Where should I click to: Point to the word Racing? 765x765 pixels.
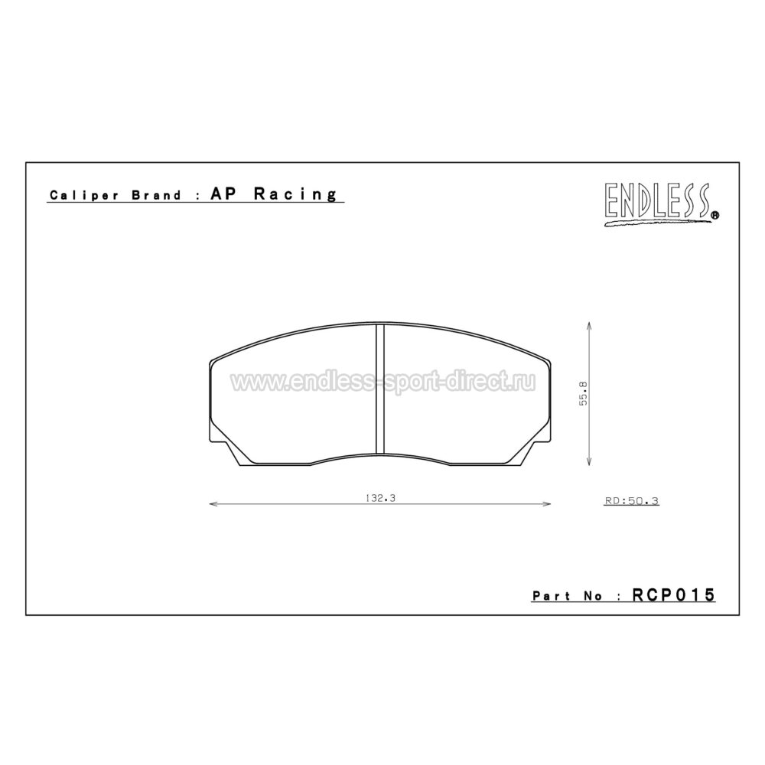tap(295, 194)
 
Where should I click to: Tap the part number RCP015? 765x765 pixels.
tap(673, 594)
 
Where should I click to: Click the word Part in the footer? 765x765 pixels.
tap(552, 595)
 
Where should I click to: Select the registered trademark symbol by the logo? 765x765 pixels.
tap(715, 216)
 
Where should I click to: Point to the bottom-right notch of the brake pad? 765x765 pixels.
tap(535, 451)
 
